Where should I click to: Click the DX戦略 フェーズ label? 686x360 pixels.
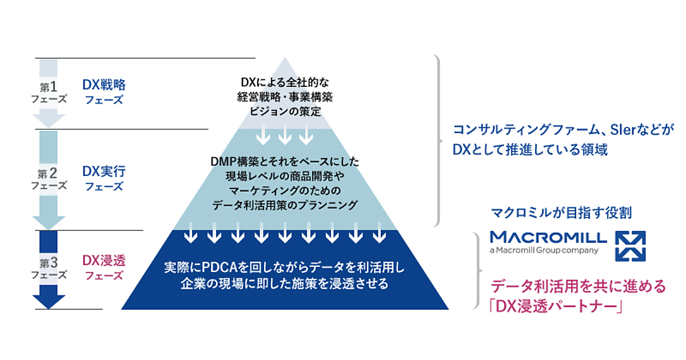click(x=103, y=91)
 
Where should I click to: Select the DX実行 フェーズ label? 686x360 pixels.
click(x=103, y=178)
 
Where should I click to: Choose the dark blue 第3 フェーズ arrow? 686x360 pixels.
click(x=49, y=269)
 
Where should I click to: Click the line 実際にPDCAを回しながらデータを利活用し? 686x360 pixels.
click(x=284, y=267)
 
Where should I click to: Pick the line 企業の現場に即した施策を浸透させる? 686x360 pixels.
click(x=284, y=283)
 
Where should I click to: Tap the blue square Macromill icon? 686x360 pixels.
click(x=629, y=245)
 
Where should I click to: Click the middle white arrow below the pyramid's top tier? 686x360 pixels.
click(x=285, y=136)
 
